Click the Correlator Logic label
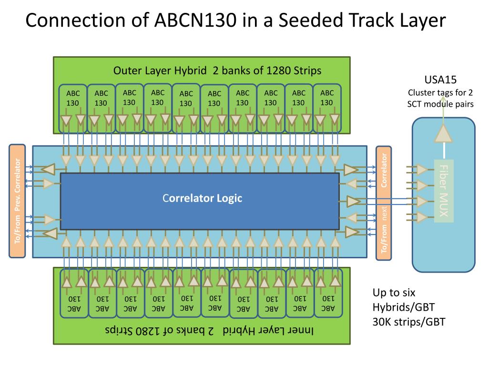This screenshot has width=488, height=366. click(202, 198)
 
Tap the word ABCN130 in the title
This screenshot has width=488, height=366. click(195, 20)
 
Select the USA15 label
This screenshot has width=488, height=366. click(440, 80)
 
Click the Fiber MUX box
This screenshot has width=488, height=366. click(444, 191)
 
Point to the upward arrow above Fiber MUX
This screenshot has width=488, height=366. click(443, 134)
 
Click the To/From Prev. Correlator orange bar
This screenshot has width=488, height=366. click(17, 201)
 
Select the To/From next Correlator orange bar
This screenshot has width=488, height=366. click(384, 203)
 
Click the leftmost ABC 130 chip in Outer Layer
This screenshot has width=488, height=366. click(73, 108)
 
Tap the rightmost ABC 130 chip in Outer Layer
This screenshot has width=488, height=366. click(327, 108)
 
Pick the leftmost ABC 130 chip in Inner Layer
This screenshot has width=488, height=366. click(74, 293)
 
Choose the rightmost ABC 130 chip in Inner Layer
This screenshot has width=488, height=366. click(328, 293)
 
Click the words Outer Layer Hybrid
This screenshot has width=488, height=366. click(160, 71)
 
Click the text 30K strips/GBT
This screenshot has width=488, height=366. click(409, 322)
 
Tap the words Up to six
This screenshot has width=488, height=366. click(394, 293)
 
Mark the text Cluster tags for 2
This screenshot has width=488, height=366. click(440, 93)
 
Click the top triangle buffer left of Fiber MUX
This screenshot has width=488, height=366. click(421, 170)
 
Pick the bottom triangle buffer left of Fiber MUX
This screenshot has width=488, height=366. click(421, 217)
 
